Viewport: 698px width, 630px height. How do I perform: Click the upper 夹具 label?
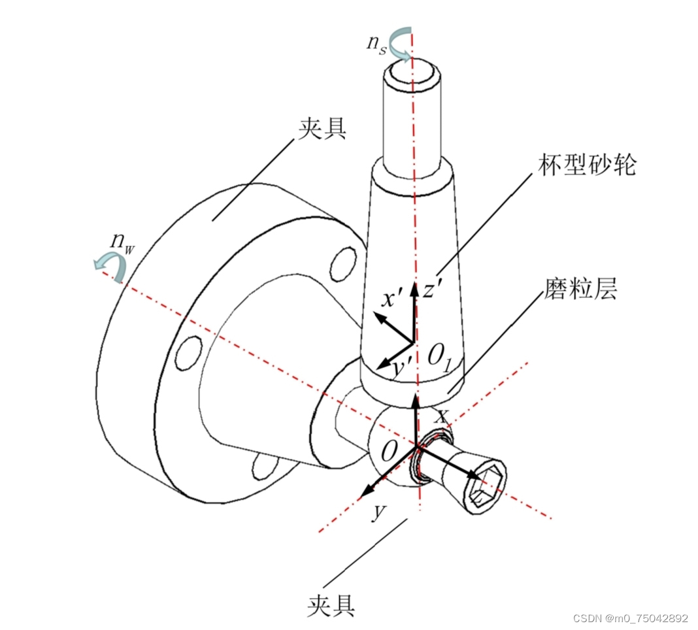tap(322, 129)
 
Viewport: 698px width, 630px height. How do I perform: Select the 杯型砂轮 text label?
tap(587, 165)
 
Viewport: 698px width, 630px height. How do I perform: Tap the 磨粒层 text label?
tap(580, 288)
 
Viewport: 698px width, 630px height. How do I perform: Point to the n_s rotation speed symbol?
tap(376, 44)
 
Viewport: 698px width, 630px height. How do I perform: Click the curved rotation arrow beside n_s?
tap(400, 43)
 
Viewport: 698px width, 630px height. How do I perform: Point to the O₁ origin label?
tap(440, 358)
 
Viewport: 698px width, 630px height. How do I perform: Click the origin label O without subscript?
tap(389, 451)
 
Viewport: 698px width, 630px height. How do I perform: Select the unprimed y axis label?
tap(379, 511)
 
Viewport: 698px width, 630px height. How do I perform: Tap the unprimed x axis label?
tap(441, 416)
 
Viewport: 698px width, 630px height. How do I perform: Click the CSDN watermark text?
tap(630, 618)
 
